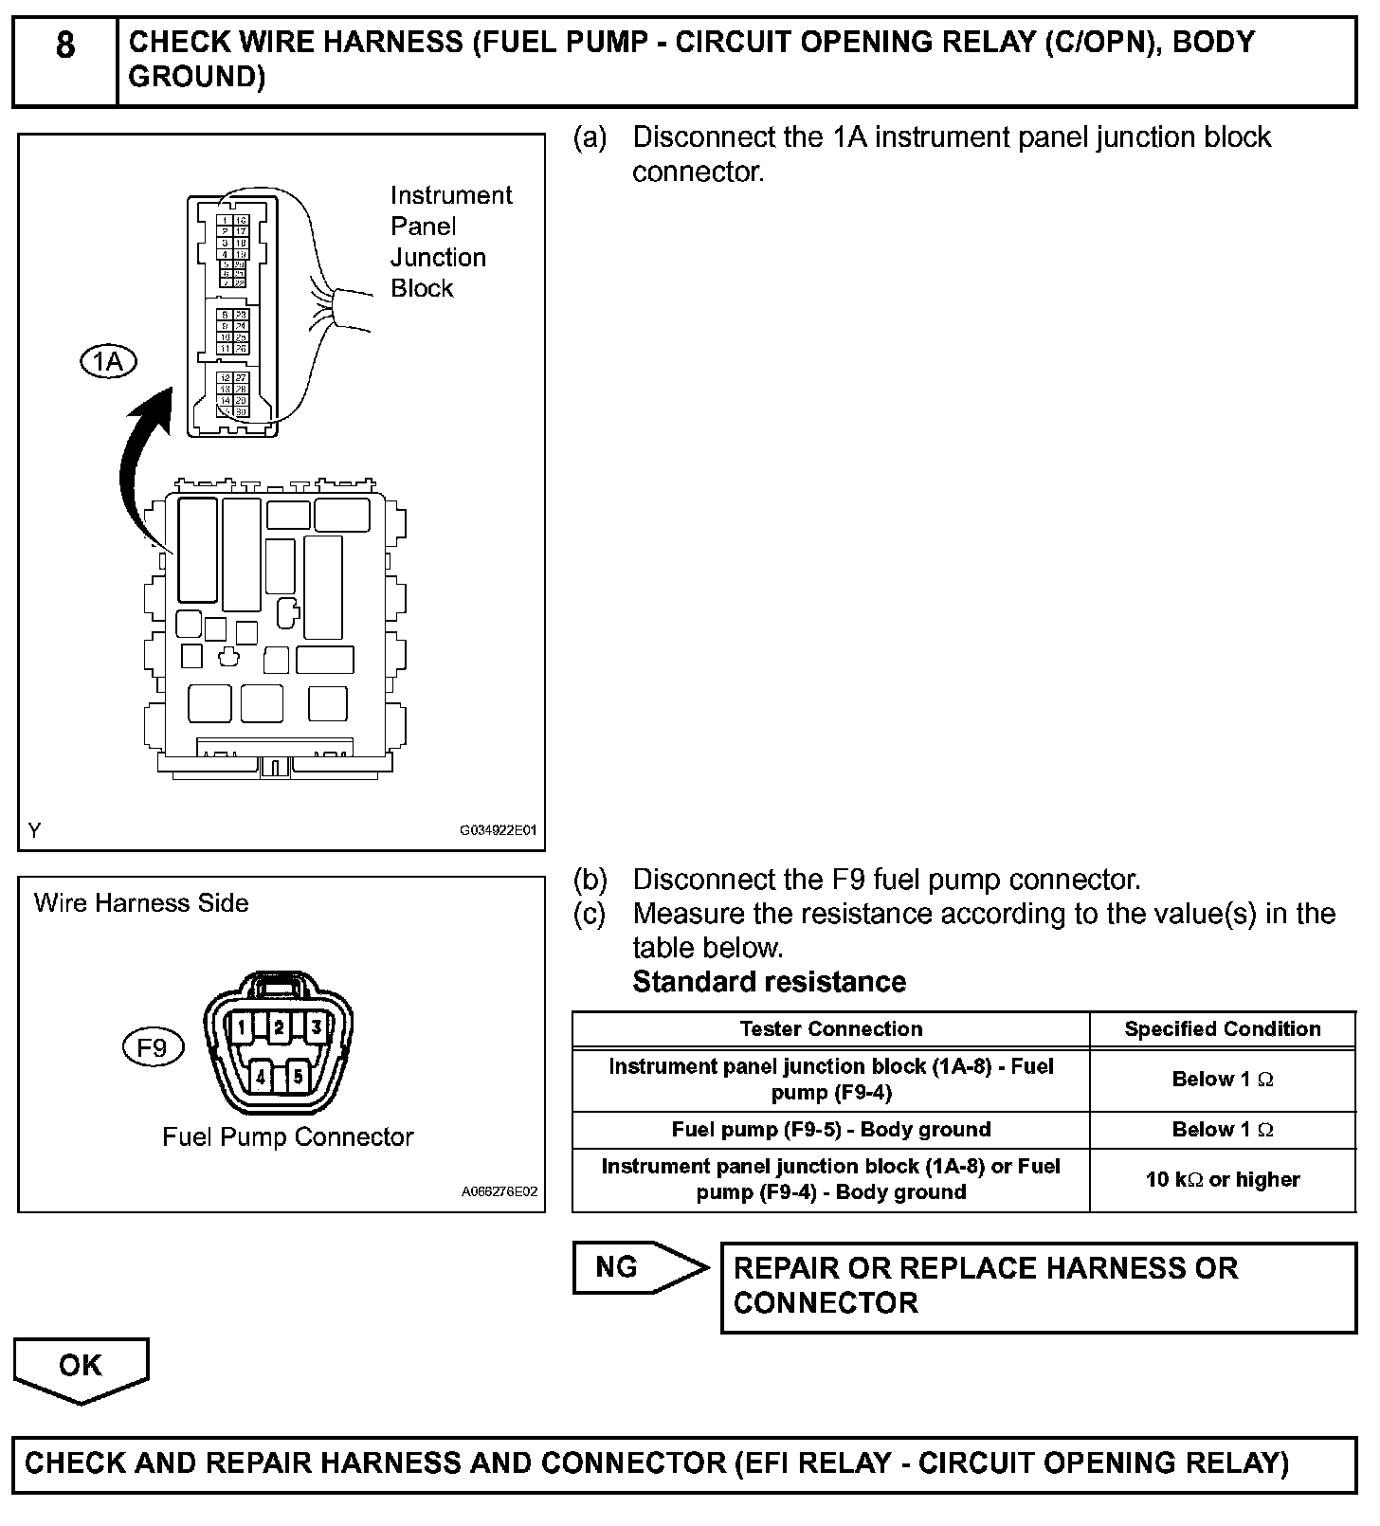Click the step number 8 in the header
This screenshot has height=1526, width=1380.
point(64,45)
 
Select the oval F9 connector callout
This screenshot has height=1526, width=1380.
point(152,1047)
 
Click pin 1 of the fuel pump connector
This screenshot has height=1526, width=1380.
point(244,1026)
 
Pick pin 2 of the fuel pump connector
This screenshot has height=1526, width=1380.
point(279,1026)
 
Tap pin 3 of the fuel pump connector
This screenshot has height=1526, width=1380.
point(316,1026)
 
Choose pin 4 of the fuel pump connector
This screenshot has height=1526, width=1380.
point(261,1076)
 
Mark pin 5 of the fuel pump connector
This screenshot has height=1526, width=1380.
point(298,1076)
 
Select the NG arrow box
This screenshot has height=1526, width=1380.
point(639,1267)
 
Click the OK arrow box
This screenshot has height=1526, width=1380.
point(81,1367)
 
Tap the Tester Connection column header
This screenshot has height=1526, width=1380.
point(830,1029)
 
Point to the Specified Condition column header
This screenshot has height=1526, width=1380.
point(1222,1029)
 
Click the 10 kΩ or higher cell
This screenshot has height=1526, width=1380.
point(1222,1180)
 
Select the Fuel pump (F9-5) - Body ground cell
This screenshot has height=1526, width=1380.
point(830,1130)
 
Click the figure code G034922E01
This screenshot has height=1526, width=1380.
point(498,830)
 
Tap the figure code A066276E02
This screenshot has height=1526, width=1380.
point(499,1191)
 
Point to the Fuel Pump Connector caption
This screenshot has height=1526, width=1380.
point(288,1136)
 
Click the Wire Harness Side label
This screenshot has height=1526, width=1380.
point(141,903)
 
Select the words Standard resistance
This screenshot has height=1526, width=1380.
point(769,982)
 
